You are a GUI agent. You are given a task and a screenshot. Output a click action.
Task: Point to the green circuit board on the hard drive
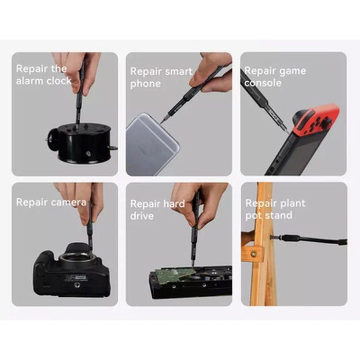(175, 275)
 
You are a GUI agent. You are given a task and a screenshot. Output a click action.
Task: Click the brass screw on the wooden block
(254, 254)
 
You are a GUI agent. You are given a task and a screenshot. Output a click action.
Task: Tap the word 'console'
(263, 83)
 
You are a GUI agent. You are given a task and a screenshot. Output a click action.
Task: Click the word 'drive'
(142, 216)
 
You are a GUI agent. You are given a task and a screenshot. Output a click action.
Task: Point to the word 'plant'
(293, 203)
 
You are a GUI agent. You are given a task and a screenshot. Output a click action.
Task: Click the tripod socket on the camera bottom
(77, 285)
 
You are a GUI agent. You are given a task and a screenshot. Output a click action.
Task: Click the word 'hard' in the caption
(173, 204)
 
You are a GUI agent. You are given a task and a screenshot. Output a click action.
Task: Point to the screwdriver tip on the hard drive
(192, 266)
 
